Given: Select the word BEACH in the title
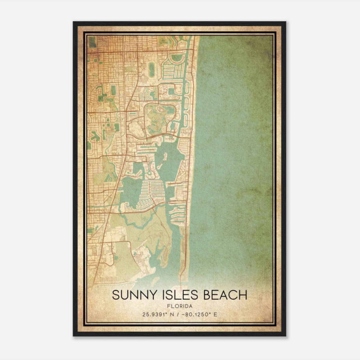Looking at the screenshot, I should pos(221,295).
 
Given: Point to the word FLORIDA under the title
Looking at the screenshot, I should pos(180,306).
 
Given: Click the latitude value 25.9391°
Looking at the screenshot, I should pos(155,315).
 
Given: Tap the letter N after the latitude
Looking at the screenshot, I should pos(173,315).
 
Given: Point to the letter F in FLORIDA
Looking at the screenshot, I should pos(169,306).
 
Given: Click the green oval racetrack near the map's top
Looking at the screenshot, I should pos(151,70).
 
